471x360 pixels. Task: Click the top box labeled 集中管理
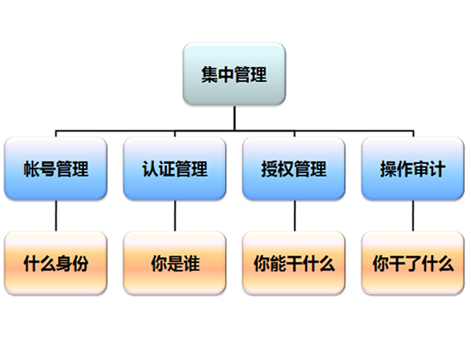pyautogui.click(x=235, y=74)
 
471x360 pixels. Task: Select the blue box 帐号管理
pyautogui.click(x=56, y=169)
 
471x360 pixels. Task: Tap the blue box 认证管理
pyautogui.click(x=175, y=169)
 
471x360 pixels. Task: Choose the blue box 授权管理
pyautogui.click(x=294, y=169)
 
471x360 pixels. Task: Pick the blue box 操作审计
pyautogui.click(x=413, y=169)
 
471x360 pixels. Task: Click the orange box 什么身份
pyautogui.click(x=56, y=263)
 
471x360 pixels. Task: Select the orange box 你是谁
pyautogui.click(x=175, y=263)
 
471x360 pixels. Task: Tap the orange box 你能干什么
pyautogui.click(x=294, y=263)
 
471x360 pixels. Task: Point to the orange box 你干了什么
pyautogui.click(x=413, y=263)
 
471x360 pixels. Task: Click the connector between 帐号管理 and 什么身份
pyautogui.click(x=56, y=216)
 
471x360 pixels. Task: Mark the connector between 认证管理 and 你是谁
pyautogui.click(x=175, y=216)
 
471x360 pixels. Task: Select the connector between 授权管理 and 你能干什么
pyautogui.click(x=295, y=216)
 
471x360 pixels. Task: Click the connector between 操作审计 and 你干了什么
pyautogui.click(x=413, y=216)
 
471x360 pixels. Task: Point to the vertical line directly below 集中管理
pyautogui.click(x=235, y=118)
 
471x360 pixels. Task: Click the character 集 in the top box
pyautogui.click(x=209, y=74)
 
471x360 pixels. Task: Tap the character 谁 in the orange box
pyautogui.click(x=191, y=264)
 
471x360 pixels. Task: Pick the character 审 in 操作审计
pyautogui.click(x=421, y=169)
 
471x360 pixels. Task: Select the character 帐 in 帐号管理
pyautogui.click(x=32, y=169)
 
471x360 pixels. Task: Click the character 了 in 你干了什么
pyautogui.click(x=413, y=264)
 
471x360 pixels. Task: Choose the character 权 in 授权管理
pyautogui.click(x=286, y=169)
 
